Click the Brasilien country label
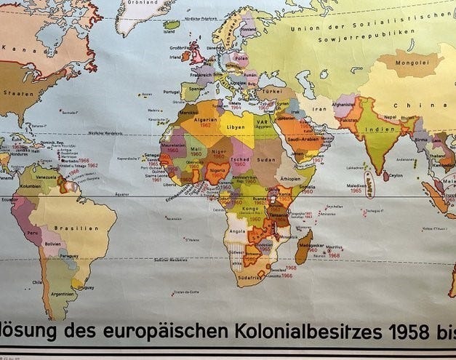tap(83, 228)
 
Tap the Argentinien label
tap(63, 293)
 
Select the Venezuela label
tap(46, 176)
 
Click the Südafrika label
tap(249, 277)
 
